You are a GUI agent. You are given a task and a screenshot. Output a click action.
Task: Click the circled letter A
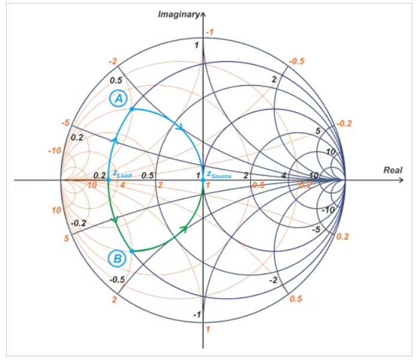[118, 98]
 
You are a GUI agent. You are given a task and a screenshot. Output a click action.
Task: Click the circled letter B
[117, 258]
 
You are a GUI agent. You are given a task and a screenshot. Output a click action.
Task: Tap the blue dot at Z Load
[108, 180]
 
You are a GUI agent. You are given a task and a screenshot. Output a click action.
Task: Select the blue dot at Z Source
[203, 180]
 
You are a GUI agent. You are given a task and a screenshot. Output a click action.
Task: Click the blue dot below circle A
[131, 109]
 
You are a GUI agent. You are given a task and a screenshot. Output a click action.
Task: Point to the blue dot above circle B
[132, 251]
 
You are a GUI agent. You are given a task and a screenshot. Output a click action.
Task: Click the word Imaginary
[178, 14]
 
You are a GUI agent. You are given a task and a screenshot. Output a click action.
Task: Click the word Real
[393, 170]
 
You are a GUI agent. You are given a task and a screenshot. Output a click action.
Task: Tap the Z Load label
[122, 174]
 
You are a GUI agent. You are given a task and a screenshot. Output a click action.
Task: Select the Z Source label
[219, 175]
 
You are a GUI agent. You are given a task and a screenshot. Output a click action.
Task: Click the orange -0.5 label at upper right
[297, 62]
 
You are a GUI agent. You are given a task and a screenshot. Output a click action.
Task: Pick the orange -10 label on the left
[55, 151]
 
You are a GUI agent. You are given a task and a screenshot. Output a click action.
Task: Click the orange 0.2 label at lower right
[343, 236]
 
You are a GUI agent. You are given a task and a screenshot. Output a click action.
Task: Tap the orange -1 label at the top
[210, 32]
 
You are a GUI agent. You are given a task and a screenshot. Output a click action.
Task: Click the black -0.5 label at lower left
[117, 280]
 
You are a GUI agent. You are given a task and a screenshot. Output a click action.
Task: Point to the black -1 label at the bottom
[197, 314]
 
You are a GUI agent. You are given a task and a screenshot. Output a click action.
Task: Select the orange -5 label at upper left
[65, 123]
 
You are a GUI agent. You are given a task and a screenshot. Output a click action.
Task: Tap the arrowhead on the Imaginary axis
[203, 14]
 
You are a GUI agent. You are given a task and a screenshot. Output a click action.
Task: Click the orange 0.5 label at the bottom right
[296, 299]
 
